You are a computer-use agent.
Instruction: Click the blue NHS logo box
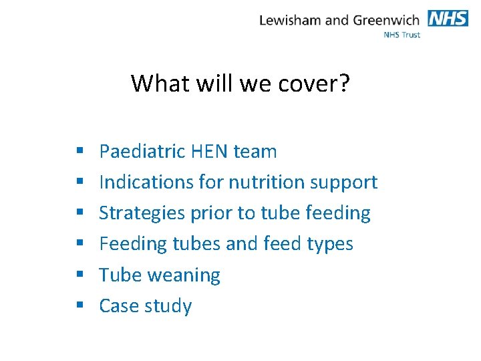coord(448,18)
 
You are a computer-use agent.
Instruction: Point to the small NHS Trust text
coord(402,34)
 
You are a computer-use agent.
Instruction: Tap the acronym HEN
coord(209,152)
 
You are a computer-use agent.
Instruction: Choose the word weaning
coord(186,275)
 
